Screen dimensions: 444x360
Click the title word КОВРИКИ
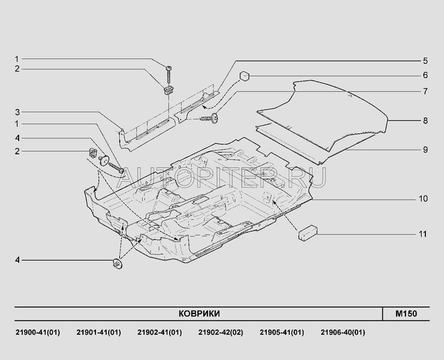pyautogui.click(x=199, y=314)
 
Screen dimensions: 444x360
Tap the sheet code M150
pyautogui.click(x=406, y=314)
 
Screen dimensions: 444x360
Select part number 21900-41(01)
pyautogui.click(x=38, y=332)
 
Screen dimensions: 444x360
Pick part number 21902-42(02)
pyautogui.click(x=221, y=332)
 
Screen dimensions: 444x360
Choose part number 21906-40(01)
pyautogui.click(x=343, y=332)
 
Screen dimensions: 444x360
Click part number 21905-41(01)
pyautogui.click(x=282, y=332)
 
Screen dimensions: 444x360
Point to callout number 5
pyautogui.click(x=425, y=61)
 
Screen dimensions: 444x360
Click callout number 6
pyautogui.click(x=425, y=76)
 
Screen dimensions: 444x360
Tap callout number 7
pyautogui.click(x=425, y=91)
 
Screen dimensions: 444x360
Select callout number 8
pyautogui.click(x=425, y=121)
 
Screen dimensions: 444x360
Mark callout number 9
pyautogui.click(x=425, y=149)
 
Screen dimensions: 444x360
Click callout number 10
pyautogui.click(x=424, y=199)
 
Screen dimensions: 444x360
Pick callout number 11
pyautogui.click(x=423, y=234)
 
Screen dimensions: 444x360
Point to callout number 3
pyautogui.click(x=17, y=112)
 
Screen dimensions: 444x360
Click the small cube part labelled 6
pyautogui.click(x=245, y=76)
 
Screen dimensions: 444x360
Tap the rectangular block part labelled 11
pyautogui.click(x=308, y=233)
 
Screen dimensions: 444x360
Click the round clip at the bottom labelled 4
pyautogui.click(x=118, y=263)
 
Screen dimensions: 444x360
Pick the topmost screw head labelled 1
pyautogui.click(x=169, y=68)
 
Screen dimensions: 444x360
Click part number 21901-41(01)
pyautogui.click(x=98, y=332)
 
